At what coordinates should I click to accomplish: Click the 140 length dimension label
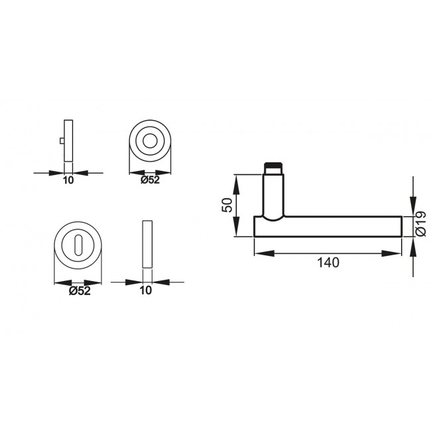point(328,263)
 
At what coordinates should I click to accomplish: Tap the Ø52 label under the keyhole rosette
point(79,290)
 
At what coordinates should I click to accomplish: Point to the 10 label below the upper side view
point(68,180)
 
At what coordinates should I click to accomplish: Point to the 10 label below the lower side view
point(147,290)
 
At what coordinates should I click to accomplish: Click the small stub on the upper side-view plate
point(62,142)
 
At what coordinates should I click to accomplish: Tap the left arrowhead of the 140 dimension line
point(260,252)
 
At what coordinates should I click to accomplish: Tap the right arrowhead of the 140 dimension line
point(396,252)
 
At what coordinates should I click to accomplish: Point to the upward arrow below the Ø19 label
point(414,245)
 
